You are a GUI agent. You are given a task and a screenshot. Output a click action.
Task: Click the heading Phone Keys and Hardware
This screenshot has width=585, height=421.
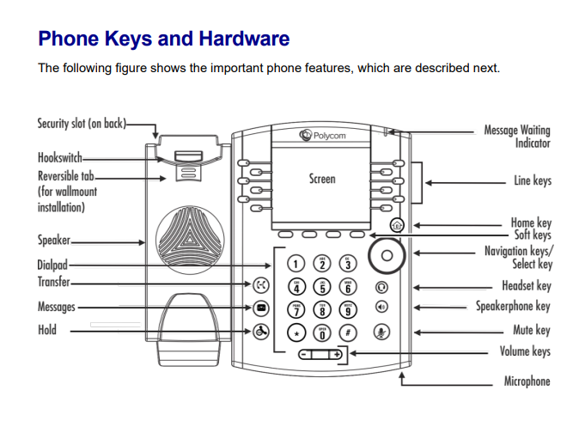click(164, 39)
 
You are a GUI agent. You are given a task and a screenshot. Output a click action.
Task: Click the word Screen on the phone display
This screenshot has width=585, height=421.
click(322, 180)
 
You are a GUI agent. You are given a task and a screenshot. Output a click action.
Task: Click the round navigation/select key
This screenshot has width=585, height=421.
click(386, 255)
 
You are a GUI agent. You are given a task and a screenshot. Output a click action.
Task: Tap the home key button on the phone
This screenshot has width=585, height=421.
click(395, 225)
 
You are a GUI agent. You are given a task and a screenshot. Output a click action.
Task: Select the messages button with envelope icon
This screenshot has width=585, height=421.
click(262, 307)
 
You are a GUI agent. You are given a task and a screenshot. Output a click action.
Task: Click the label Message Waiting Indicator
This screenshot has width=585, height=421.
click(516, 137)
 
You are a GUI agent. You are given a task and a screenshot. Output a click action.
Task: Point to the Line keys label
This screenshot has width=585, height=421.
click(532, 181)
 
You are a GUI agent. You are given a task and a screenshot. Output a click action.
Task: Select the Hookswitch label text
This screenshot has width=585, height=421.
click(59, 158)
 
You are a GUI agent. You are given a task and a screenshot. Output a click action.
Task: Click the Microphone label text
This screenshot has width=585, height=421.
click(527, 381)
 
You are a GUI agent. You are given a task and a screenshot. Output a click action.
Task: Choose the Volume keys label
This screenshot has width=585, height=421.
click(525, 351)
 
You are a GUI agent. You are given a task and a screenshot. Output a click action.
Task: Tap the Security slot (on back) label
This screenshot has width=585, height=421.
click(81, 124)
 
